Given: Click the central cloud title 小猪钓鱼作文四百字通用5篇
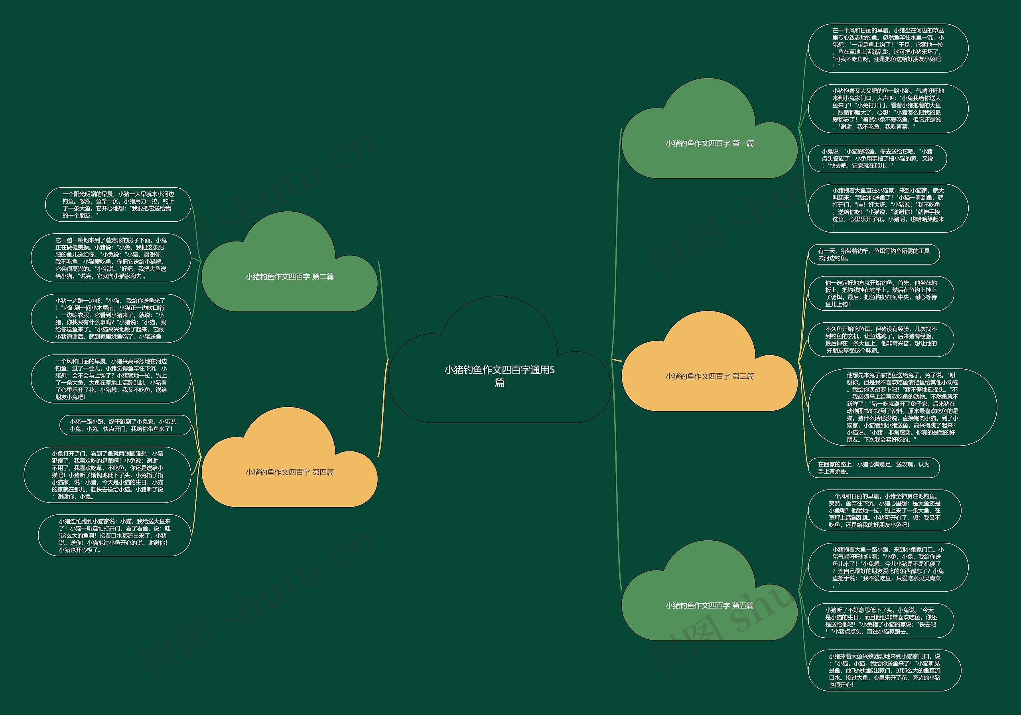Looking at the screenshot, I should (499, 376).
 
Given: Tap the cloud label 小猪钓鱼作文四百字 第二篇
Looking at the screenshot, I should (290, 277).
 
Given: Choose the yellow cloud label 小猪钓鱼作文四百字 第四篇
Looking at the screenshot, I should (290, 472).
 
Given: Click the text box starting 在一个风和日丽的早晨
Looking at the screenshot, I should (888, 48).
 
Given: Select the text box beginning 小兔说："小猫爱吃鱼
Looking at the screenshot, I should (877, 159).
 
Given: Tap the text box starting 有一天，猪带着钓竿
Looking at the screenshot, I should (874, 254).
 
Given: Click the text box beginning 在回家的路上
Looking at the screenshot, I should (874, 468).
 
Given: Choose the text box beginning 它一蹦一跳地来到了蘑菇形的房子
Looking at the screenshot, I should (111, 258).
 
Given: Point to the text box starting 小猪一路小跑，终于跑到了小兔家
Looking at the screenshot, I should (125, 425).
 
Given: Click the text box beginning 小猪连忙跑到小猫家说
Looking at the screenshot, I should (114, 536).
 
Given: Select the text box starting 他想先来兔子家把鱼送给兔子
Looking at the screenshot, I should (902, 407).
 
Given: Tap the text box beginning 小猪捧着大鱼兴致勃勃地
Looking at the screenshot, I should (884, 670).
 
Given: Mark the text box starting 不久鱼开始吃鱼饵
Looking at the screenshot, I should (881, 340).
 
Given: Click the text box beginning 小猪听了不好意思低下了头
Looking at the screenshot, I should (881, 621).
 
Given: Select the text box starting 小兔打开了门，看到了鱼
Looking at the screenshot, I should (107, 475).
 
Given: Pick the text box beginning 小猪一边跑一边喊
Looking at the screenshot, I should (111, 318).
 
